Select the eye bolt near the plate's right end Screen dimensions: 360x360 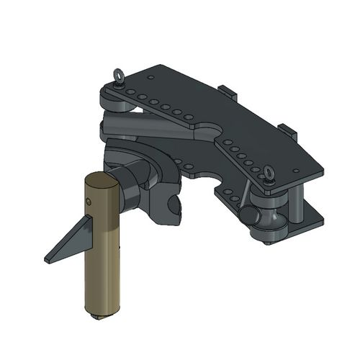pyautogui.click(x=269, y=173)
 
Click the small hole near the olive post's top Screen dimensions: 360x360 pyautogui.click(x=91, y=203)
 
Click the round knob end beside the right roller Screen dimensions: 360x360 pyautogui.click(x=248, y=215)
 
